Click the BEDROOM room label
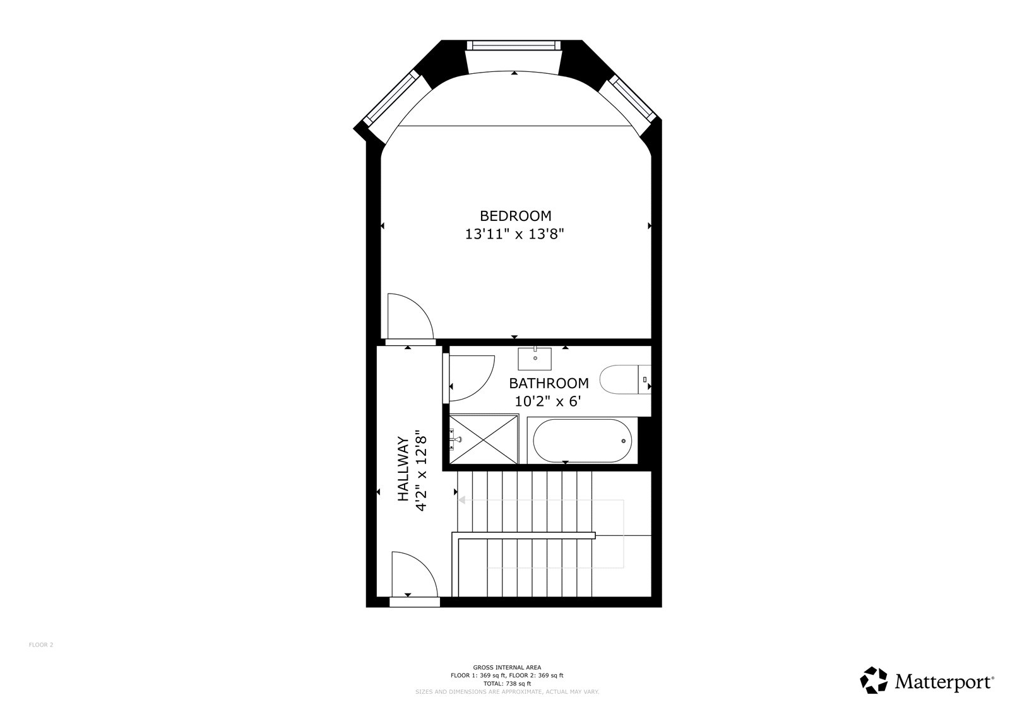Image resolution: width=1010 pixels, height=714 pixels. click(515, 216)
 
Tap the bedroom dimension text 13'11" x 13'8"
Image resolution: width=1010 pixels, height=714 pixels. click(514, 234)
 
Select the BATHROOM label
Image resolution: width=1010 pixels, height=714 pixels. click(549, 383)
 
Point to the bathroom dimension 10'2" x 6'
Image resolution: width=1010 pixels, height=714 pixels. click(547, 402)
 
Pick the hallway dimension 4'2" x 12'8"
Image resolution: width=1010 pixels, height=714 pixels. click(420, 470)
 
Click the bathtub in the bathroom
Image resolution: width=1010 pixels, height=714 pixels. click(582, 441)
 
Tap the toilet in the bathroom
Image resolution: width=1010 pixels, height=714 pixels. click(626, 379)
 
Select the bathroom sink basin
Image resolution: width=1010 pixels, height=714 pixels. click(534, 358)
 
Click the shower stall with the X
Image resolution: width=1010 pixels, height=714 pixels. click(484, 439)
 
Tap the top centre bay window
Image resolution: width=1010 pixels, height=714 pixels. click(514, 45)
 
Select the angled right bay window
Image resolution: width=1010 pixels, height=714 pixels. click(633, 98)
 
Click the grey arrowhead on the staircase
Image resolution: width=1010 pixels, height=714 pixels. click(461, 500)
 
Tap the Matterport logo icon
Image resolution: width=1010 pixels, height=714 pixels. click(874, 680)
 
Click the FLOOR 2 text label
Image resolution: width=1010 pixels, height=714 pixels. click(41, 645)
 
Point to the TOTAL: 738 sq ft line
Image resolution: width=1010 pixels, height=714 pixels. click(508, 683)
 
